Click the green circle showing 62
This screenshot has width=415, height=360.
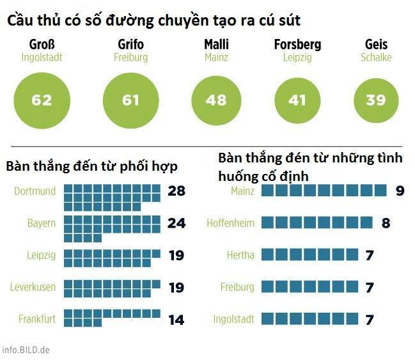42,100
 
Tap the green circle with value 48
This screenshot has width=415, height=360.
216,100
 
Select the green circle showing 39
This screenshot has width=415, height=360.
376,100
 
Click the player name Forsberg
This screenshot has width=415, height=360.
297,45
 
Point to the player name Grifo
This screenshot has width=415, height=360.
130,45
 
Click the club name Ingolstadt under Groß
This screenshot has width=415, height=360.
42,58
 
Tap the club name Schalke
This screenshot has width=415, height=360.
376,58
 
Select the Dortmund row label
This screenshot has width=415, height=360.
35,191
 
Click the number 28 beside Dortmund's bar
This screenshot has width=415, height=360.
176,191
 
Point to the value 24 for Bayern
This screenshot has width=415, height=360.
176,223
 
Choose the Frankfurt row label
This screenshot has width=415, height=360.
37,318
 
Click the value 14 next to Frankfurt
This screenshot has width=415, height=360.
176,319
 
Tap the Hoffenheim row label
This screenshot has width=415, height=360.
230,223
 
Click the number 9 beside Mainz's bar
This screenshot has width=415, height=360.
400,191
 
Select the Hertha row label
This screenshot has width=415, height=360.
240,255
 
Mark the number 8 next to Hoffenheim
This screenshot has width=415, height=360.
386,223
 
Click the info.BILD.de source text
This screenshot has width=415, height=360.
26,350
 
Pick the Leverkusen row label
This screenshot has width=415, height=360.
33,287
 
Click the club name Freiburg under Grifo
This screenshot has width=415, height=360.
130,58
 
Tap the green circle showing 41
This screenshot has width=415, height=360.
297,100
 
